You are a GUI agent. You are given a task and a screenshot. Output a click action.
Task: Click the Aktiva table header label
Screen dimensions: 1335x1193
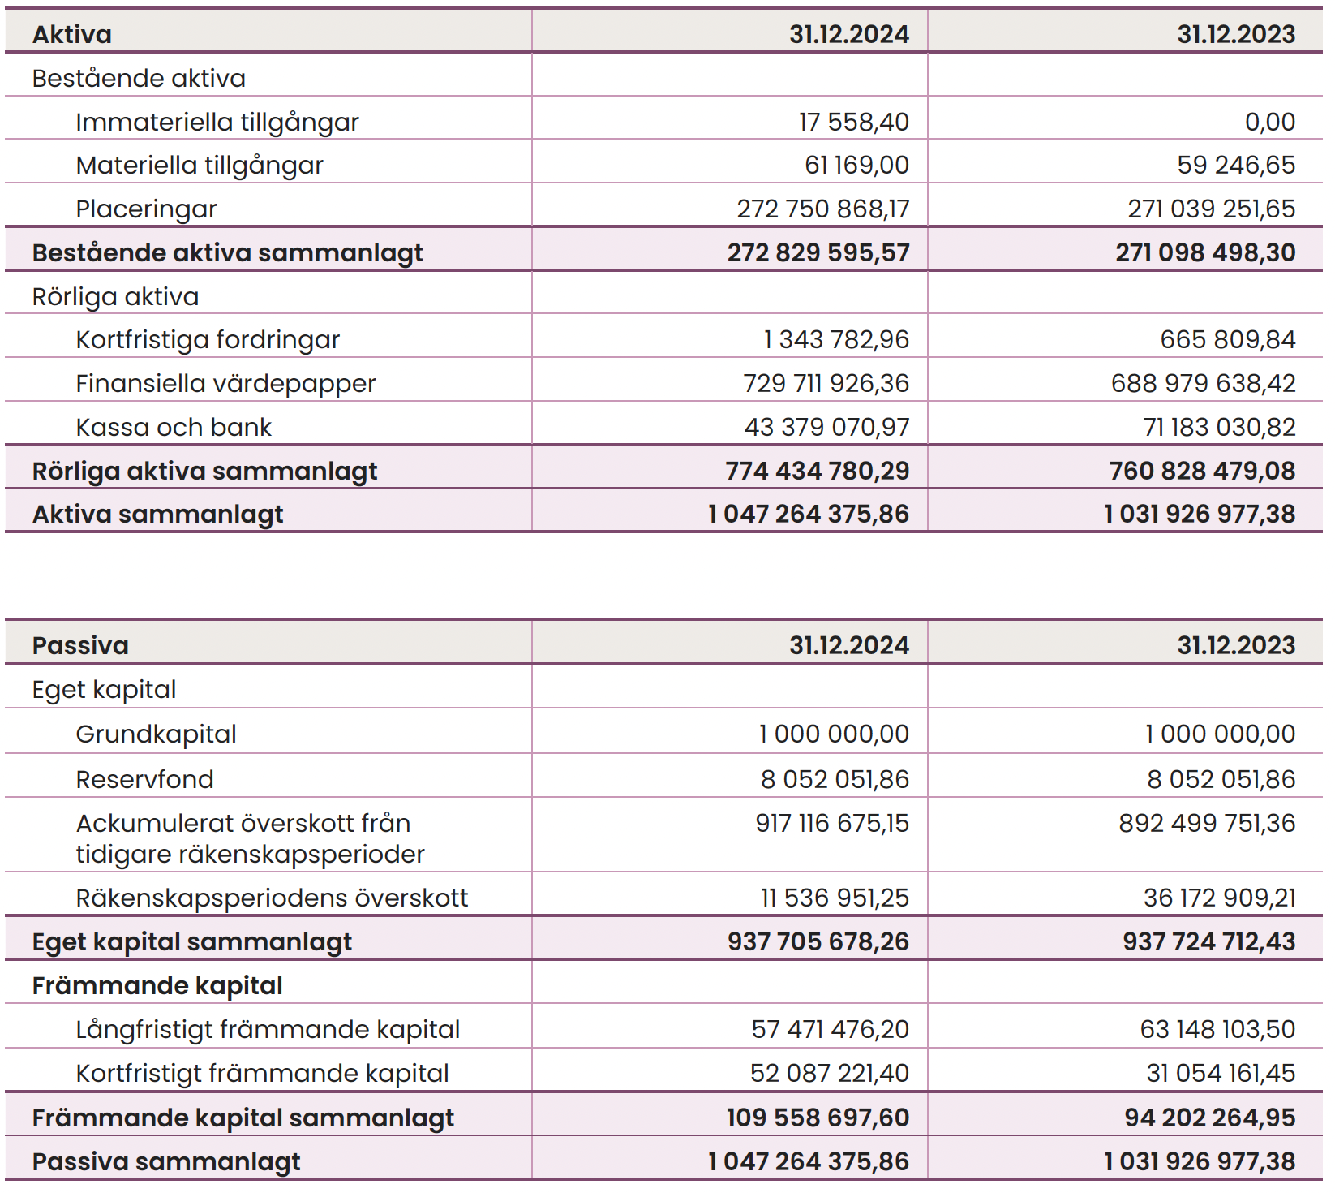(x=72, y=34)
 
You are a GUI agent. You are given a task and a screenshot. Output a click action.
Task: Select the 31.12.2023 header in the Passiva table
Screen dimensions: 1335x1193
(x=1236, y=645)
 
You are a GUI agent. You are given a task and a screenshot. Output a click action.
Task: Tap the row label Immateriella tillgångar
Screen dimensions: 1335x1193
(x=217, y=123)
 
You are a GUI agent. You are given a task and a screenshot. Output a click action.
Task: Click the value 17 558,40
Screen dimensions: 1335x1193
(x=854, y=122)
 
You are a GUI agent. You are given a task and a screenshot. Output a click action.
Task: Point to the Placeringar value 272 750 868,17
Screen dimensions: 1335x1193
(x=823, y=209)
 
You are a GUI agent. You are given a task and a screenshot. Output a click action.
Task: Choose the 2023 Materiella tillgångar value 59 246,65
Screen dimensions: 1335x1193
(x=1236, y=165)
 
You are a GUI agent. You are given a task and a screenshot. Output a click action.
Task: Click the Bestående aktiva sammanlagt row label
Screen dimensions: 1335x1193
(x=228, y=253)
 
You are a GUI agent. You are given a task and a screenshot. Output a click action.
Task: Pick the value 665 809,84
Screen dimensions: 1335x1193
(x=1228, y=339)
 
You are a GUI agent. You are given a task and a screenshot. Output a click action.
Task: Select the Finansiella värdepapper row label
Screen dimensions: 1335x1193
(x=225, y=384)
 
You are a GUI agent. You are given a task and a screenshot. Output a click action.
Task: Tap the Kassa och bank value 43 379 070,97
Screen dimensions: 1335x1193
(x=827, y=427)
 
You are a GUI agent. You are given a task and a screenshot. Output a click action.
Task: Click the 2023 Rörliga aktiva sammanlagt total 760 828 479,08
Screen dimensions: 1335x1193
(x=1203, y=471)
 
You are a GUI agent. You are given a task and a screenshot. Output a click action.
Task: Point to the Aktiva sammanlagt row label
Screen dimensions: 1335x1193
(x=158, y=515)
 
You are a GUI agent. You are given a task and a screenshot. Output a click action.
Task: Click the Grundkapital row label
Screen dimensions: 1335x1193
(x=157, y=734)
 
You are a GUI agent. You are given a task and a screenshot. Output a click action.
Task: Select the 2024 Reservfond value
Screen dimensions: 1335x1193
(x=835, y=779)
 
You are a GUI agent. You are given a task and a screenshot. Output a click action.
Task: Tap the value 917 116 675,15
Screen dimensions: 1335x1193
(x=832, y=823)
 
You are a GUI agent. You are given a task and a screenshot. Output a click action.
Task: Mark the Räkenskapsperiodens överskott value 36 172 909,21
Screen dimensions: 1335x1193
(x=1220, y=898)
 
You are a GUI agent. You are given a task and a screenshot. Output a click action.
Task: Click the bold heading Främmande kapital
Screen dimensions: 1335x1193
(x=157, y=986)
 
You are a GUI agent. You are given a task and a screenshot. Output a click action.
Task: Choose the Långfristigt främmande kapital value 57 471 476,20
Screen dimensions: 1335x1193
(x=831, y=1029)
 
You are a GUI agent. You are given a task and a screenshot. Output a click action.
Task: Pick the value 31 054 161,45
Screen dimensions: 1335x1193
(x=1221, y=1073)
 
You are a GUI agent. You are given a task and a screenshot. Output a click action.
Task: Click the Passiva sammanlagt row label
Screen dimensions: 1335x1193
(x=166, y=1162)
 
